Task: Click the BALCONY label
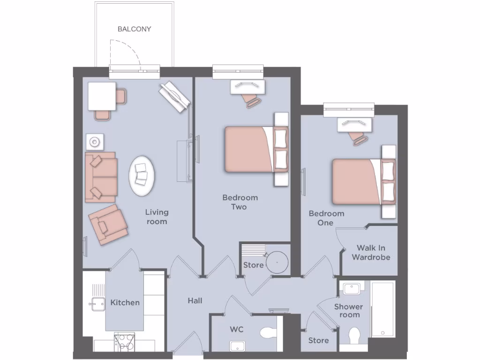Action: (134, 29)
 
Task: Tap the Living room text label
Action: (157, 217)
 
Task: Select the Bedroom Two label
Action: (240, 202)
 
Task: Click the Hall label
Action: (195, 300)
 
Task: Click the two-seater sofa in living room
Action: (101, 177)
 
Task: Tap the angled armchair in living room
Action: (108, 224)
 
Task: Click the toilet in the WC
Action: (268, 333)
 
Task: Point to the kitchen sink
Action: (98, 304)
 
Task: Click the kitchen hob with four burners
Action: (125, 341)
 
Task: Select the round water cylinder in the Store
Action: (276, 262)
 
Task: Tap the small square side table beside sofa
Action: (95, 142)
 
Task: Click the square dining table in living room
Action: (102, 96)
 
